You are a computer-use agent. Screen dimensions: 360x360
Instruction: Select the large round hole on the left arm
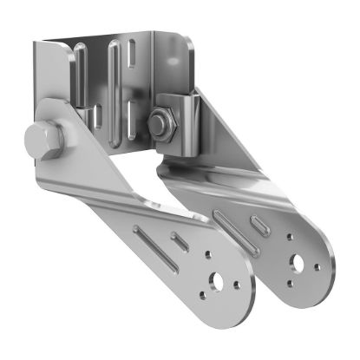pos(218,283)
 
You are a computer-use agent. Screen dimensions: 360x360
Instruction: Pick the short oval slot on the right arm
pos(261,223)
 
